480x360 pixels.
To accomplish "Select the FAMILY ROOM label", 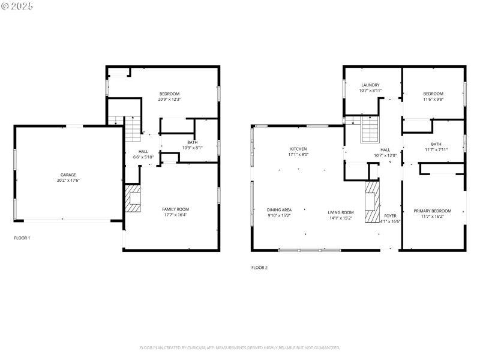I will [175, 209].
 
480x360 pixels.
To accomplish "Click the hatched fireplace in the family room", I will [133, 199].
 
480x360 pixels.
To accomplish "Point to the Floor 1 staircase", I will [131, 127].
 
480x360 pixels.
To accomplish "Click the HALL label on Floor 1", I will [143, 151].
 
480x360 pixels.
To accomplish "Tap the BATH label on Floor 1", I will [193, 142].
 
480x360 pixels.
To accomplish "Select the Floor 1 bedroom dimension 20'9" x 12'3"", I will [169, 100].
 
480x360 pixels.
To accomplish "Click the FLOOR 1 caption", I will [22, 238].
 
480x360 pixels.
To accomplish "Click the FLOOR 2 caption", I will [259, 268].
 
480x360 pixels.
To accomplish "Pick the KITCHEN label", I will [298, 149].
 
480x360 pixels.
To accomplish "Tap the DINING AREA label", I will [279, 210].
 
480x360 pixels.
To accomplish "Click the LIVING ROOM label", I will [341, 212].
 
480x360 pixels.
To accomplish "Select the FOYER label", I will [390, 215].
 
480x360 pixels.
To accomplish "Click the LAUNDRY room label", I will [370, 85].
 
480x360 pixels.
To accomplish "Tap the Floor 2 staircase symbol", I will [370, 129].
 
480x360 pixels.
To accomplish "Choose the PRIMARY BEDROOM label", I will [432, 211].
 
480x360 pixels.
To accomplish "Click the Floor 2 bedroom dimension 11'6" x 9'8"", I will [433, 100].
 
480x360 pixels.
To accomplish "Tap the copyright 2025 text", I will [17, 6].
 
